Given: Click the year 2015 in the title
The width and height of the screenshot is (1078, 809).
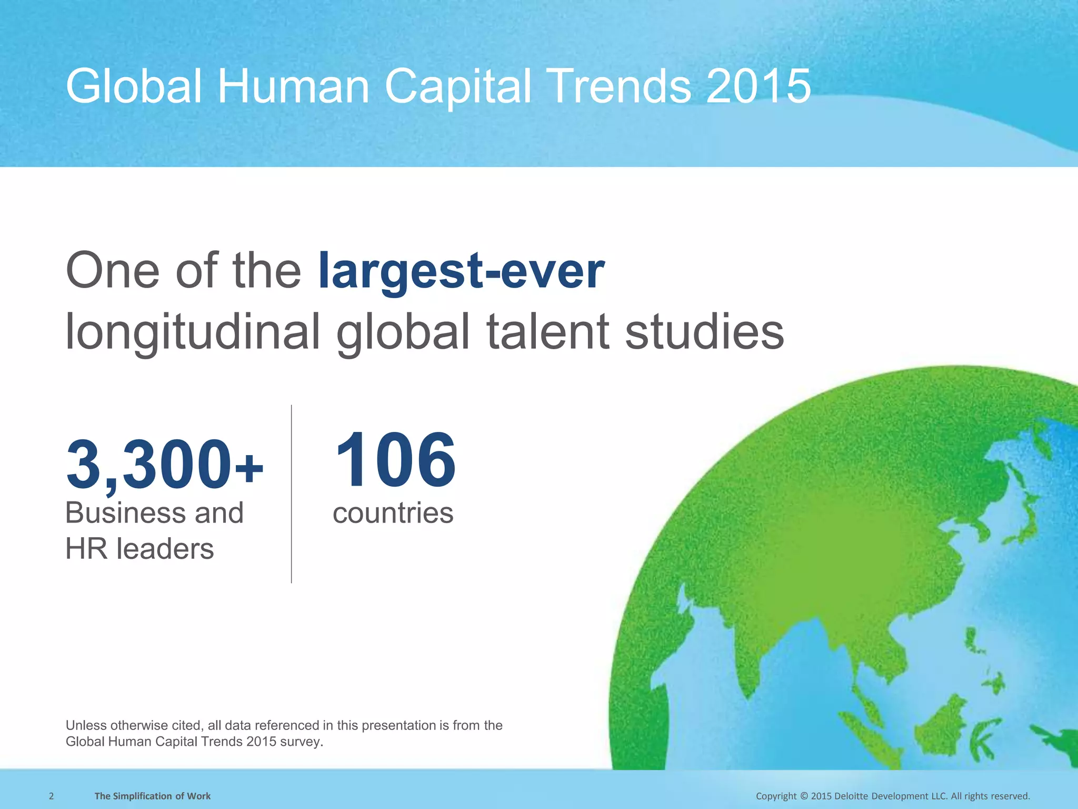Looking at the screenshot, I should point(758,87).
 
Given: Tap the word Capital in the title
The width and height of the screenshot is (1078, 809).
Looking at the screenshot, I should point(458,87).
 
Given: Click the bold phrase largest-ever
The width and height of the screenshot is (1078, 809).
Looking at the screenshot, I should point(461,271).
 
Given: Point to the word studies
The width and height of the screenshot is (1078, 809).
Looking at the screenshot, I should point(704,332).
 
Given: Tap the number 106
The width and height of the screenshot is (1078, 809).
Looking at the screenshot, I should point(395,460).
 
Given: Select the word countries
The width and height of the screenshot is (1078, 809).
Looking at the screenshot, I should point(393,513).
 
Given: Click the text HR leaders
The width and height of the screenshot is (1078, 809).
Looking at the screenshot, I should point(139,549).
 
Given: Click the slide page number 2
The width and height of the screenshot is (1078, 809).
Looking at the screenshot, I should point(51,796).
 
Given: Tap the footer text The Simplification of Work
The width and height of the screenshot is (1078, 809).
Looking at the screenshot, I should point(152,796).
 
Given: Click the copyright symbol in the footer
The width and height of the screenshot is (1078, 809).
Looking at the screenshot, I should point(804,796).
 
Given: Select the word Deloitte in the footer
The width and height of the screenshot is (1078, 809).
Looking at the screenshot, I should point(855,796).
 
